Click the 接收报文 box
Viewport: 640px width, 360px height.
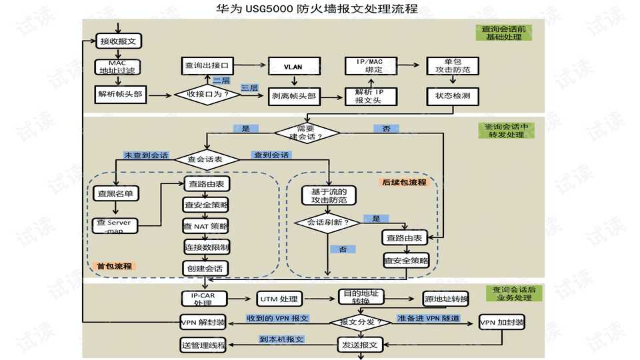(x=119, y=41)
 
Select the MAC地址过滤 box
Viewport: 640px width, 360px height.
(x=117, y=67)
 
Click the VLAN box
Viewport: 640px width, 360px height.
(x=293, y=67)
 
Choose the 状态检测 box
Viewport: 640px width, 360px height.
(x=453, y=96)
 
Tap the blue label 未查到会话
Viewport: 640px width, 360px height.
(x=146, y=155)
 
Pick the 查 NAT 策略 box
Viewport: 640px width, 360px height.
(x=206, y=226)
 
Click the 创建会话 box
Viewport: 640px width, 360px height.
(x=206, y=268)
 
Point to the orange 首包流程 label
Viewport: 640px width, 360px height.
(x=115, y=266)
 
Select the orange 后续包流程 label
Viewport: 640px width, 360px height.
(x=404, y=182)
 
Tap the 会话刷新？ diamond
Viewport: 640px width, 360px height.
(x=327, y=223)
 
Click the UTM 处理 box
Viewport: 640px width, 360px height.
(x=280, y=299)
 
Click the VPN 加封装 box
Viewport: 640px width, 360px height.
(x=502, y=322)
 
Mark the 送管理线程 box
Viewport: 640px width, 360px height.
(x=203, y=345)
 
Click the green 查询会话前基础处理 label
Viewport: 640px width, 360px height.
(x=504, y=33)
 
